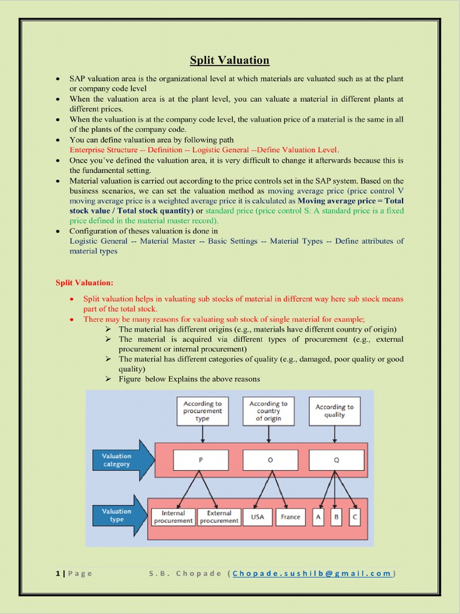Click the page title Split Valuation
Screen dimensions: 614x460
229,60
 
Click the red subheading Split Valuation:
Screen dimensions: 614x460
84,282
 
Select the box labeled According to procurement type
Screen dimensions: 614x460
202,411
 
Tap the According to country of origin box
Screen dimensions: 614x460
268,411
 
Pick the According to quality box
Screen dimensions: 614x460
334,411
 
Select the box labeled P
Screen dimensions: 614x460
201,460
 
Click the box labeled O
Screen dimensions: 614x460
270,460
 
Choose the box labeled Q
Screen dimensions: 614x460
336,460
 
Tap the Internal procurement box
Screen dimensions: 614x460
173,517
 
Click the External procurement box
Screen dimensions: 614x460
219,517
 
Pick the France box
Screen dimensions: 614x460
290,517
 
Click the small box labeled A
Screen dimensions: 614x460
318,517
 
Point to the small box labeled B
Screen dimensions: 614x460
336,517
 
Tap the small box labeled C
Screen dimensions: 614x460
355,517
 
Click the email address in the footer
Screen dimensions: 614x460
313,573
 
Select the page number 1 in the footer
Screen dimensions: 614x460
57,573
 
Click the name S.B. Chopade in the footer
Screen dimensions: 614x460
184,573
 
